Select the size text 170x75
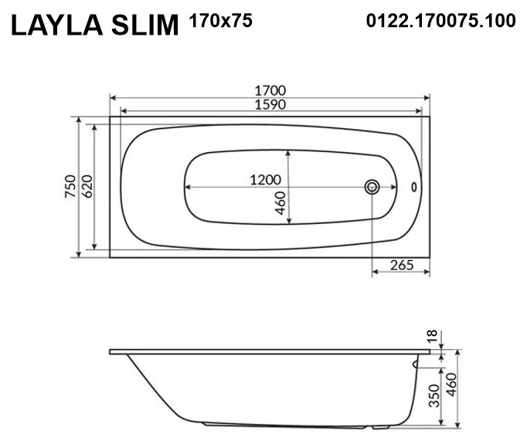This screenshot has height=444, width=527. pos(220,22)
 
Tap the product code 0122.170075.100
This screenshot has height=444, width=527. pos(440,22)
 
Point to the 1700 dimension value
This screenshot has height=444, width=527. pos(270,90)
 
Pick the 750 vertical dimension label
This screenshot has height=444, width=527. pos(69,187)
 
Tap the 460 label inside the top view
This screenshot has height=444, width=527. pos(281,203)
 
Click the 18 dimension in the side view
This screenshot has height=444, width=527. pos(433,336)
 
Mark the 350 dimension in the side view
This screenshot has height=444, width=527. pos(434,395)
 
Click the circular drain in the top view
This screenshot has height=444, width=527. pos(372,186)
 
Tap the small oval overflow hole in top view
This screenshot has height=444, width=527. pos(413,186)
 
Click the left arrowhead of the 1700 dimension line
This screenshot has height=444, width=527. pos(113,98)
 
